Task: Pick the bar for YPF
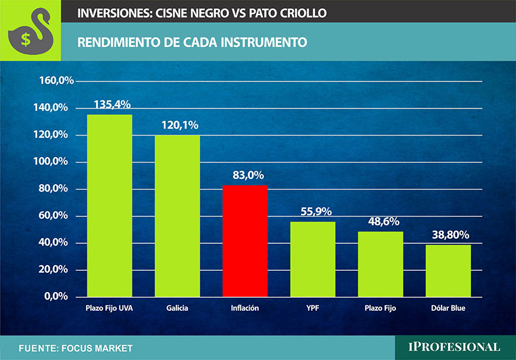(313, 259)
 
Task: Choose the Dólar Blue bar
(448, 270)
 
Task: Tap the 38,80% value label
(449, 235)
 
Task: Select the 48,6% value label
(382, 221)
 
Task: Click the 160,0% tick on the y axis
(56, 81)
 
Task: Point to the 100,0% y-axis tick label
(56, 162)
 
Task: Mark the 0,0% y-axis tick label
(60, 297)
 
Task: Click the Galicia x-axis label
(177, 308)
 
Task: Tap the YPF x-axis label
(313, 308)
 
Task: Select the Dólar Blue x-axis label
(448, 308)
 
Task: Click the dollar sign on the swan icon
(26, 39)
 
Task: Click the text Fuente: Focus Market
(76, 348)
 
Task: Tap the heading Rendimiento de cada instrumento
(192, 42)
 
